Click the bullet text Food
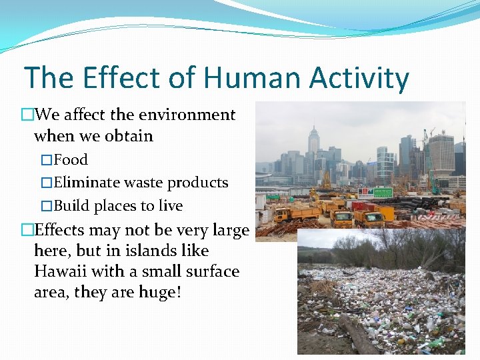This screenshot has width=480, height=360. point(71,160)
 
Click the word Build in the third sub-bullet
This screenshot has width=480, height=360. point(71,206)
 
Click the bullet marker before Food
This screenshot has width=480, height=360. point(46,160)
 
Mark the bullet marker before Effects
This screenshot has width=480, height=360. point(27,231)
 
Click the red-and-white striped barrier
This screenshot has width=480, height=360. point(427,223)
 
